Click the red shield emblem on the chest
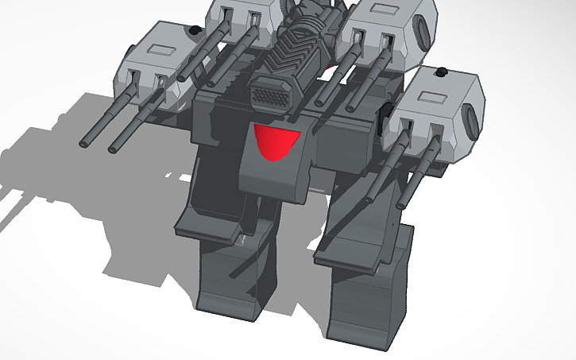(275, 141)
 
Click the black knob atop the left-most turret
(192, 31)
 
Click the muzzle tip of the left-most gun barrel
(84, 144)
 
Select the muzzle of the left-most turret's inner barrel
(112, 147)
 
